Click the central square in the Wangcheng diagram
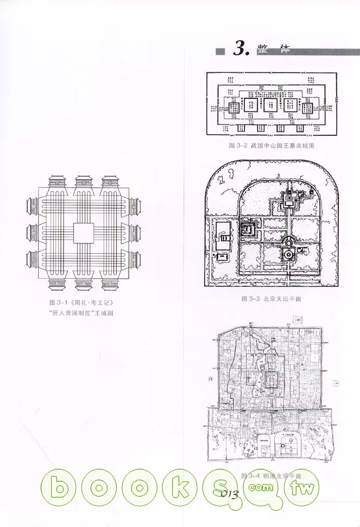click(x=84, y=233)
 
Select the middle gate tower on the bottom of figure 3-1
click(x=84, y=284)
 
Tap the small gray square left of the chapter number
click(x=219, y=52)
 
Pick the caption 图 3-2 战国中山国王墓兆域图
click(x=272, y=146)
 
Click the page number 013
click(x=230, y=493)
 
